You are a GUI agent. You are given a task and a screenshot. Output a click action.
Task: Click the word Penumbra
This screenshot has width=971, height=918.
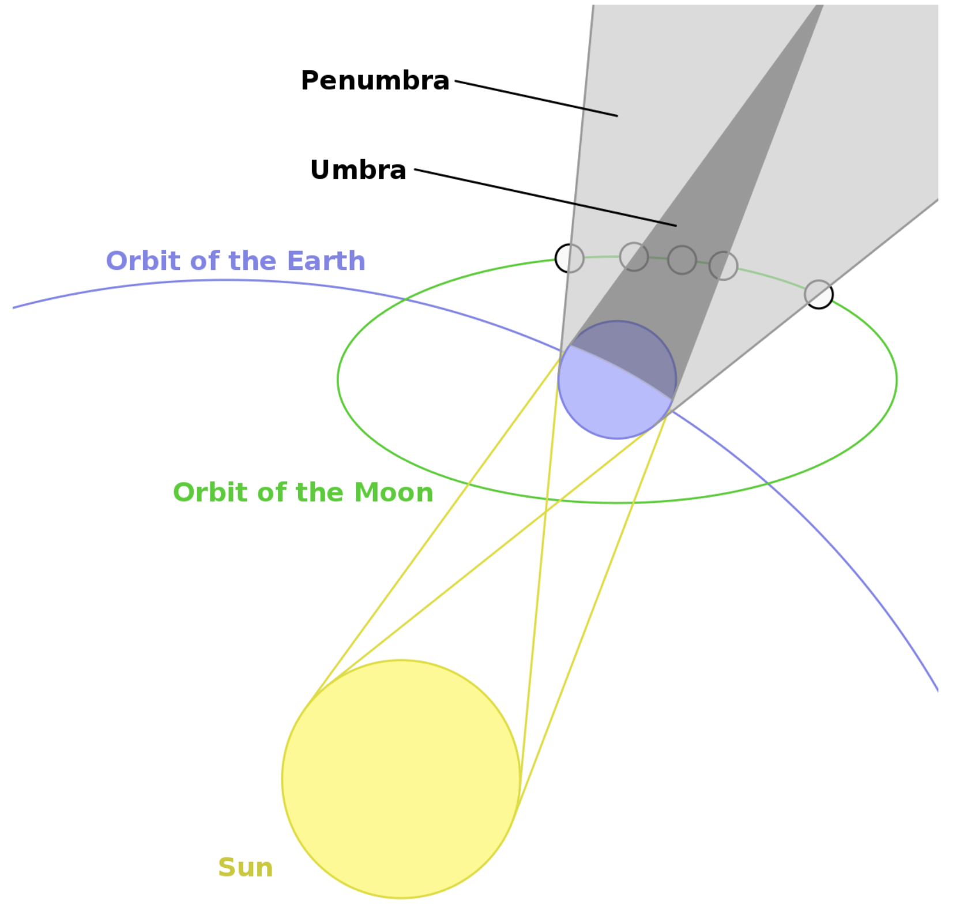click(375, 81)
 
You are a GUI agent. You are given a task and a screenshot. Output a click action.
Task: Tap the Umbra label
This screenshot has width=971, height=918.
click(358, 170)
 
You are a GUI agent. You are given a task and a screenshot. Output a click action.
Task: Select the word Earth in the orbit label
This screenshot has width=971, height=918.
click(326, 261)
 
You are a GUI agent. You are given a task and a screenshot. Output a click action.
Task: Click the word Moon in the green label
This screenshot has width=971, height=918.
click(393, 492)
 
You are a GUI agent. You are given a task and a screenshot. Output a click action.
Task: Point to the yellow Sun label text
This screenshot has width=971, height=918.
click(245, 867)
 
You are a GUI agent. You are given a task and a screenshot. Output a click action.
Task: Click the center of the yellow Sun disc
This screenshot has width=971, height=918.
click(401, 778)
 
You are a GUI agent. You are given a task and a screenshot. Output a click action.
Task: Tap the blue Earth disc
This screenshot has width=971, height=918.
click(617, 380)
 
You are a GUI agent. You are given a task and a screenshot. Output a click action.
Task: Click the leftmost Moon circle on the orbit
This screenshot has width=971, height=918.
click(570, 258)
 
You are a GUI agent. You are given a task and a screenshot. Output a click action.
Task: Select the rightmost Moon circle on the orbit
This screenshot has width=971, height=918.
click(819, 295)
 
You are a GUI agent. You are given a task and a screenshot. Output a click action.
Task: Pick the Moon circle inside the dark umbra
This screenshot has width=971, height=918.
click(682, 259)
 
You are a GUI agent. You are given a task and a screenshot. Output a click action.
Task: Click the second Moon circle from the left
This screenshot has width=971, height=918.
click(634, 257)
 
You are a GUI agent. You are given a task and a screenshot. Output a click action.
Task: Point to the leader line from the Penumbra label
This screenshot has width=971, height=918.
click(536, 99)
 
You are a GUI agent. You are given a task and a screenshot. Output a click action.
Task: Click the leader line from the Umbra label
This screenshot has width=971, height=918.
click(545, 197)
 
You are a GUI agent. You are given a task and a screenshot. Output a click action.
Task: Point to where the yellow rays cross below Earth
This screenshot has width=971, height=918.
click(546, 509)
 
